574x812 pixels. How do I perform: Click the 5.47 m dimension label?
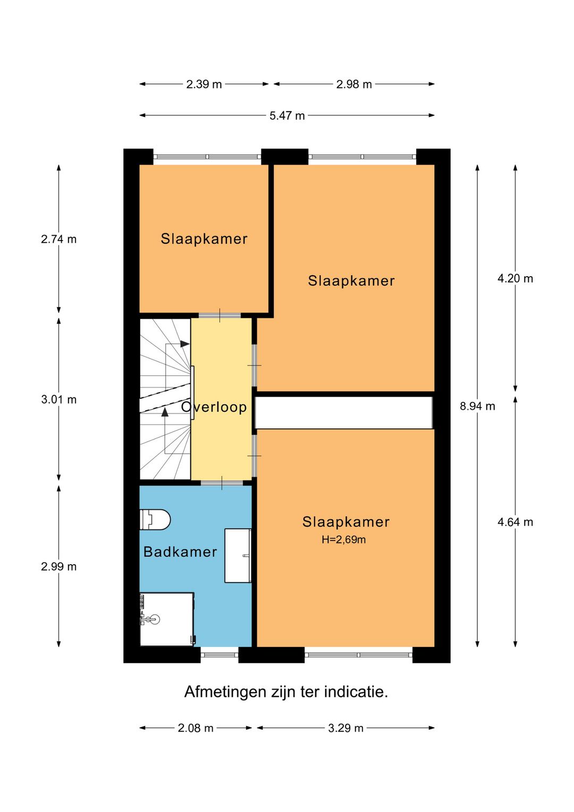pos(287,115)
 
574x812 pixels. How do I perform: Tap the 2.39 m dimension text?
pos(204,85)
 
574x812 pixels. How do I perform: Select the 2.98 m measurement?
pos(354,85)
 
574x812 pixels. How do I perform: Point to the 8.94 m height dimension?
pos(477,406)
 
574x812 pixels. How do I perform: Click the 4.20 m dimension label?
pos(515,278)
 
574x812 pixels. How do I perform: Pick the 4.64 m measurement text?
pos(515,522)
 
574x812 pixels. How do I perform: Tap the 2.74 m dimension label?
pos(58,239)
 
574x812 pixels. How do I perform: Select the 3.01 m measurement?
pos(58,400)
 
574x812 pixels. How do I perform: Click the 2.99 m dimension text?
pos(58,566)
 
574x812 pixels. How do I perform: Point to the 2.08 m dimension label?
pos(196,728)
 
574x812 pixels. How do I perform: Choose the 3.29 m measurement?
pos(345,728)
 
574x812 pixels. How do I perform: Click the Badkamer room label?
pos(180,552)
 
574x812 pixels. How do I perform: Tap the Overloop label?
pos(214,407)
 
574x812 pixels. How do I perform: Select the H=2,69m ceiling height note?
pos(344,540)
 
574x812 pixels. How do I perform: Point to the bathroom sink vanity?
pos(238,556)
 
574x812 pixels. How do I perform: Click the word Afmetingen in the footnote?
pos(225,692)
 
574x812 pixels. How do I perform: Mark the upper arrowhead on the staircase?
pos(185,344)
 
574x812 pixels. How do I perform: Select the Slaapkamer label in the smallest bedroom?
pos(204,239)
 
